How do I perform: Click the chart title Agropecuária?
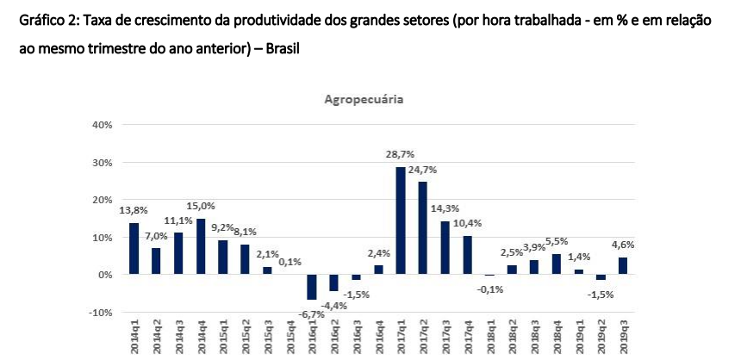click(x=364, y=100)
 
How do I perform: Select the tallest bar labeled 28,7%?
click(x=401, y=220)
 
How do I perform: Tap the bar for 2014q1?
click(x=134, y=248)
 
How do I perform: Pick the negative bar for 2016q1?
click(x=312, y=287)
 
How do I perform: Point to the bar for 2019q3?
click(x=623, y=265)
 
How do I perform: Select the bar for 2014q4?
click(x=201, y=246)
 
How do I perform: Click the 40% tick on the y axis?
click(x=102, y=125)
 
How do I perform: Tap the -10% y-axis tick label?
click(x=100, y=312)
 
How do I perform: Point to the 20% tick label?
click(x=102, y=200)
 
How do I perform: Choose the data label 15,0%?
click(x=201, y=206)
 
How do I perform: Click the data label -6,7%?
click(x=312, y=314)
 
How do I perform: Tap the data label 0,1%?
click(x=290, y=262)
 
